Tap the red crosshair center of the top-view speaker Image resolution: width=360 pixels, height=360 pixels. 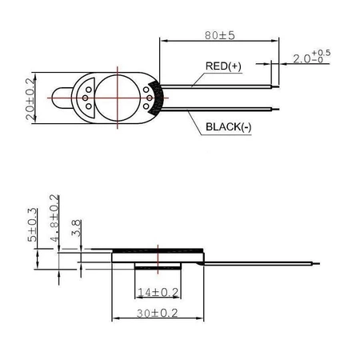[x=121, y=97]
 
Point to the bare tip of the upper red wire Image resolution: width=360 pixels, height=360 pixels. [x=278, y=85]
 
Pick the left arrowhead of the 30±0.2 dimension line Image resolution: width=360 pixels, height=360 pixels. [x=113, y=318]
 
